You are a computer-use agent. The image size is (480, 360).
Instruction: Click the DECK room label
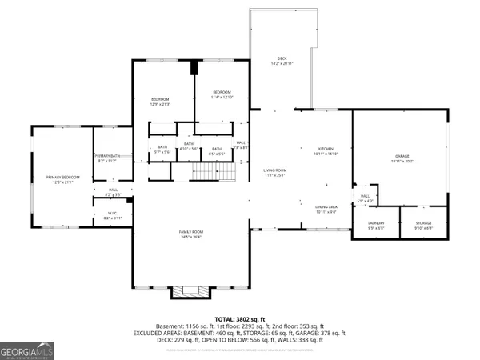click(x=282, y=58)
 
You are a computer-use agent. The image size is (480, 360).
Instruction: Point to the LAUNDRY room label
click(x=376, y=222)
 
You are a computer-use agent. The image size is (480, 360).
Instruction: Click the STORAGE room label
click(x=423, y=222)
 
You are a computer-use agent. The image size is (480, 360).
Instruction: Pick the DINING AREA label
click(x=326, y=207)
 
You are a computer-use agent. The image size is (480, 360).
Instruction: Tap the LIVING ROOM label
click(x=275, y=170)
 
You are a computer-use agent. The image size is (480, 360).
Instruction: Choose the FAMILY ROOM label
click(x=190, y=231)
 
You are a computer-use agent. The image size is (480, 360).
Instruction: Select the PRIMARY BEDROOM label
click(x=62, y=178)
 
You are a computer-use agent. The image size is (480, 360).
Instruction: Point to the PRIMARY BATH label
click(x=107, y=156)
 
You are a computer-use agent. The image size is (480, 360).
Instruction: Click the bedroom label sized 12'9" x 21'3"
click(x=161, y=98)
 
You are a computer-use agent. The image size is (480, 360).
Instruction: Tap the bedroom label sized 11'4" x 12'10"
click(x=221, y=93)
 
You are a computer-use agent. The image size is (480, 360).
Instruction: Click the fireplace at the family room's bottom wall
click(x=190, y=291)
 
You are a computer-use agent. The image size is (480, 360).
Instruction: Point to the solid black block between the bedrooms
click(x=193, y=68)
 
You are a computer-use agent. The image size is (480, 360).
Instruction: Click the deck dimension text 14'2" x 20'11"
click(x=282, y=63)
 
